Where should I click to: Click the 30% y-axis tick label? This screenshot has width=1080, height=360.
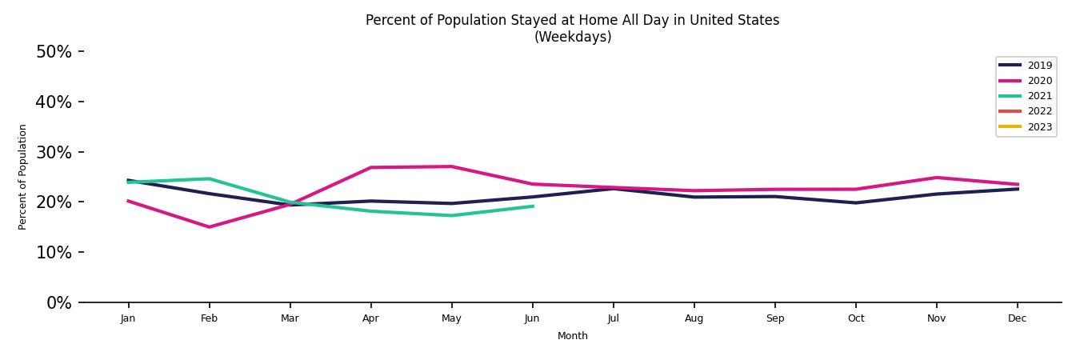click(54, 152)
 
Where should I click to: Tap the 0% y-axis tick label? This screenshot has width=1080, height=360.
click(58, 303)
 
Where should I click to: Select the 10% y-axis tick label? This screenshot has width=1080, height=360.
click(54, 253)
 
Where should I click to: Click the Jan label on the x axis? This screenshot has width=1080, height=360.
click(128, 318)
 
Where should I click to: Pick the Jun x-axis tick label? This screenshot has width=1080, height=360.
click(532, 318)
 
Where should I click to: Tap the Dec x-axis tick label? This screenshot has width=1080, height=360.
click(1017, 318)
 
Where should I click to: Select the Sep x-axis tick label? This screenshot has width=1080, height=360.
click(774, 318)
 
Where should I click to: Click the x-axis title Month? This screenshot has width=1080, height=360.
click(573, 336)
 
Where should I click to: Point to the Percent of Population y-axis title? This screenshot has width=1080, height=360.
click(23, 177)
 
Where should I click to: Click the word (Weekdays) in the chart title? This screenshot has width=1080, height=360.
click(573, 38)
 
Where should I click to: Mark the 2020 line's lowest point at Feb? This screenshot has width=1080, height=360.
click(209, 227)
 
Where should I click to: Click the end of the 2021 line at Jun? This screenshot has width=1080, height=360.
click(533, 206)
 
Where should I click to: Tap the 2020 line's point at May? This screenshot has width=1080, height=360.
click(452, 166)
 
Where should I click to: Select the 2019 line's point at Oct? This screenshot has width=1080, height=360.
click(855, 202)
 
